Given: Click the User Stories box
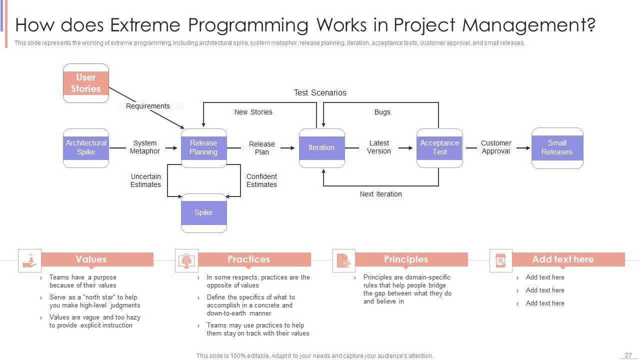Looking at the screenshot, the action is click(85, 83).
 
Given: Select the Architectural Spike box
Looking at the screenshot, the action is click(85, 148).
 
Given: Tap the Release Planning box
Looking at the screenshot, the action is click(203, 148).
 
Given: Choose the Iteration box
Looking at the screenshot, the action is click(321, 148).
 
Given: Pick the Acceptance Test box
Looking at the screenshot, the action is click(439, 148).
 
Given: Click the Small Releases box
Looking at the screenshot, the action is click(557, 148).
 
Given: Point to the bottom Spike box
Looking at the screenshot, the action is click(203, 213).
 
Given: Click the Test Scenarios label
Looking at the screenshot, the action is click(320, 92).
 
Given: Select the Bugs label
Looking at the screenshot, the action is click(382, 112).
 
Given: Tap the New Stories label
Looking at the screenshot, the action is click(253, 112).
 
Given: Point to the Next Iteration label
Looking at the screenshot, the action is click(380, 194).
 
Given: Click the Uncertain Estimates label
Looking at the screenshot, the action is click(145, 180).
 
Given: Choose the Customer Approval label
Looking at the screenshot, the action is click(496, 147).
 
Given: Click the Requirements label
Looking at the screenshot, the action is click(147, 106).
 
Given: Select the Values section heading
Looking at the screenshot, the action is click(91, 259).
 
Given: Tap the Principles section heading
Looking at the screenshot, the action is click(406, 259).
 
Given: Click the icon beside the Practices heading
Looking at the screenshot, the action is click(186, 260).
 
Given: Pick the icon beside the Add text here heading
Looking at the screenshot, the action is click(500, 260).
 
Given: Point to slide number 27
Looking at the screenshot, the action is click(628, 355).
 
